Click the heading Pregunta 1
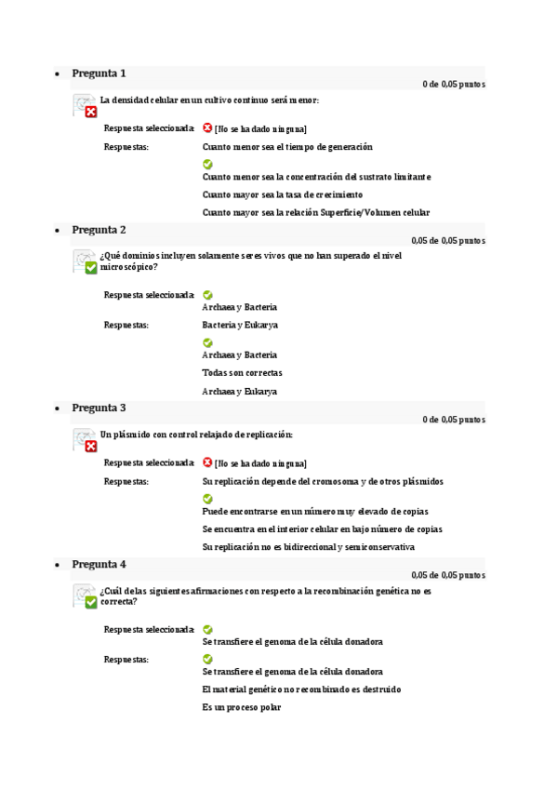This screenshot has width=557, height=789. [x=99, y=74]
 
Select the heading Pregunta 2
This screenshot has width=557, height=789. [x=99, y=230]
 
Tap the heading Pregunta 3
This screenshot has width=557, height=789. [x=99, y=408]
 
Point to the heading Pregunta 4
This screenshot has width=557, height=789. [x=99, y=564]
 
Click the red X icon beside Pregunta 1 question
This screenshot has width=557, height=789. [x=90, y=112]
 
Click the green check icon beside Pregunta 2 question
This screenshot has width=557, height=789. [x=90, y=268]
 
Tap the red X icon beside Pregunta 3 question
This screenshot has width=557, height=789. [x=90, y=446]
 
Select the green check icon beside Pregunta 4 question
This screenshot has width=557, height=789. [x=90, y=602]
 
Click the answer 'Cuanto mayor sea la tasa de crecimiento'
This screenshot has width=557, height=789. [x=269, y=194]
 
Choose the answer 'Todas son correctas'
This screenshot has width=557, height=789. [x=242, y=373]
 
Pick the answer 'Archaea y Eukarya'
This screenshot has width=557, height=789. [x=239, y=392]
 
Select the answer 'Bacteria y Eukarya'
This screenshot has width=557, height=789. [x=240, y=325]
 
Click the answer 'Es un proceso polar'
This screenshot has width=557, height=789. [x=241, y=707]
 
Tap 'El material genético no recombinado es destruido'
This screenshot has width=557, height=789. [x=301, y=689]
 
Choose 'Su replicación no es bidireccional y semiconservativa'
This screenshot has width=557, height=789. [x=308, y=547]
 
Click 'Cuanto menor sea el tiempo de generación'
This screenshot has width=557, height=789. [x=286, y=147]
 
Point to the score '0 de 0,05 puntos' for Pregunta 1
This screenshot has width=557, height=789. [x=453, y=85]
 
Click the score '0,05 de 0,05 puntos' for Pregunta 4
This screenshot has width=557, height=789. [x=447, y=575]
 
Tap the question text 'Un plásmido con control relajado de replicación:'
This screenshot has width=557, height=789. [x=196, y=435]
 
